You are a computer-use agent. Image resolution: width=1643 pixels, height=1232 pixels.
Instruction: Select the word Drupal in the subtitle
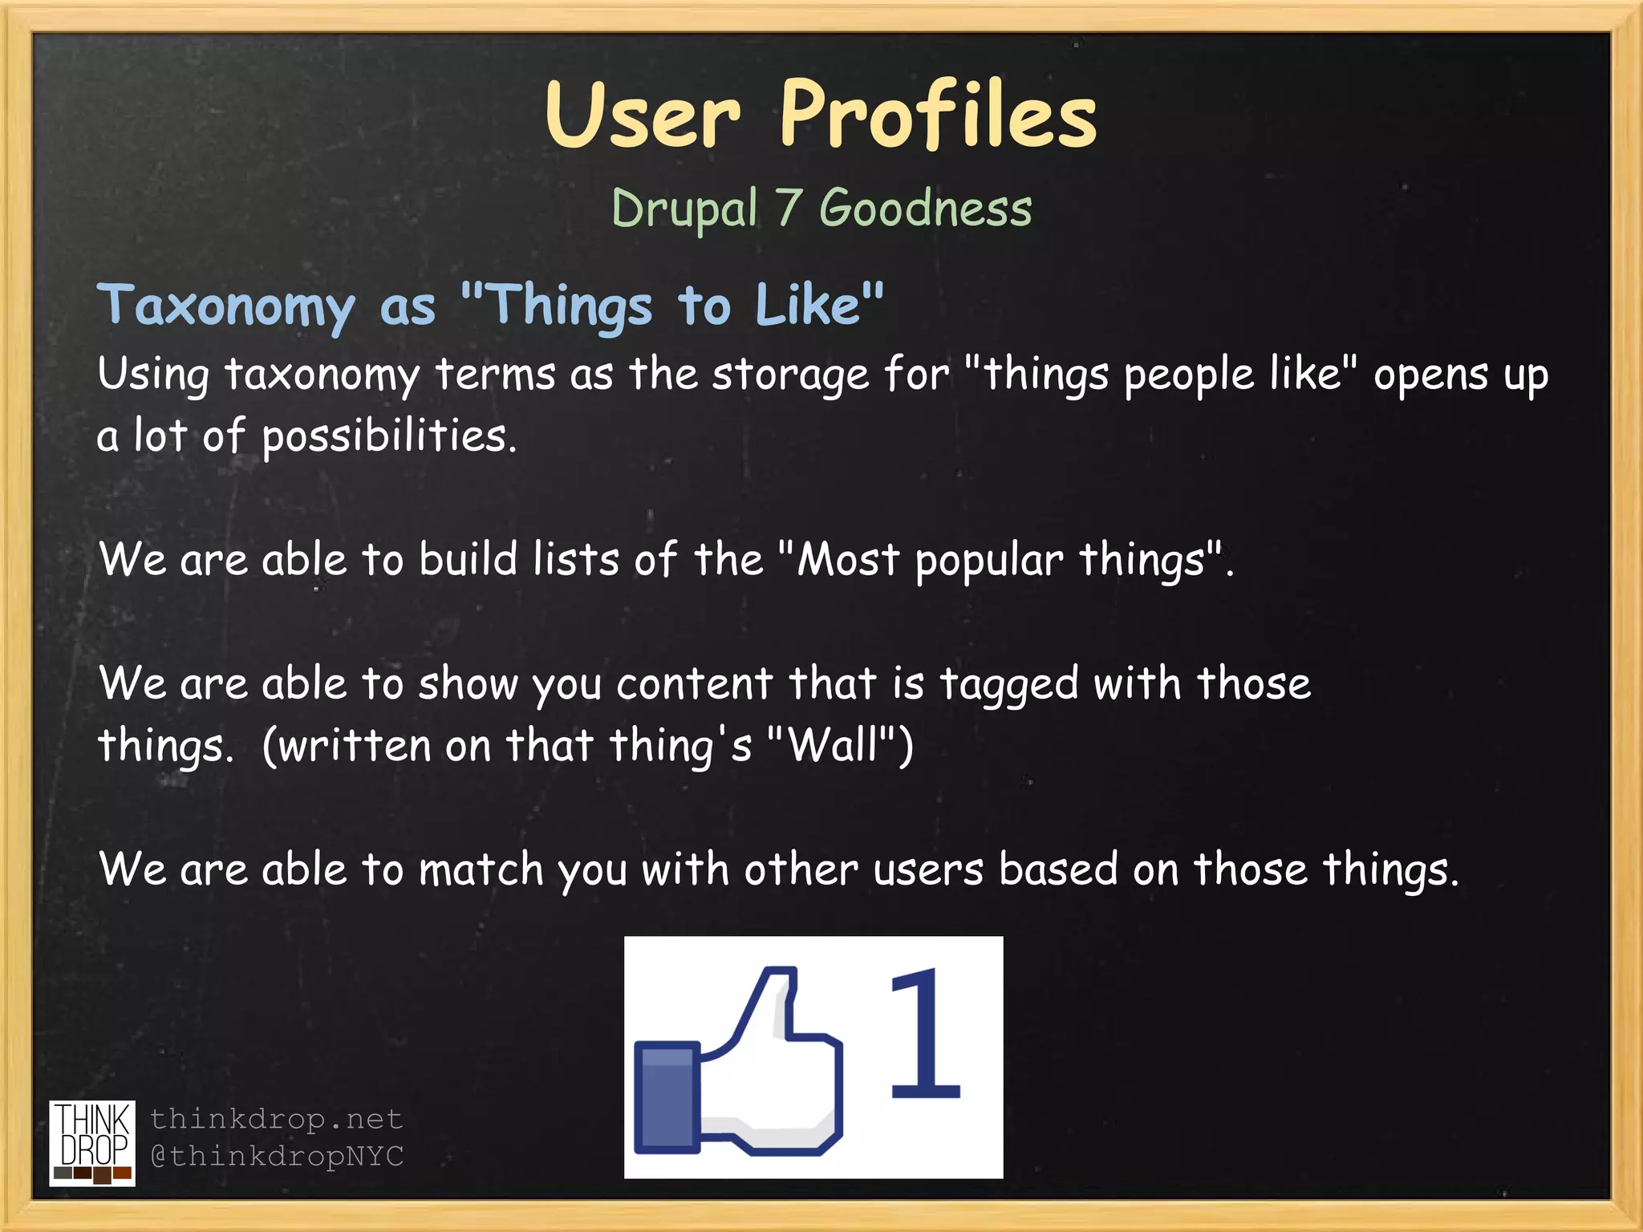[684, 209]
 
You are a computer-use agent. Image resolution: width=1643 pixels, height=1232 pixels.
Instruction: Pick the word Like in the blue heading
[808, 305]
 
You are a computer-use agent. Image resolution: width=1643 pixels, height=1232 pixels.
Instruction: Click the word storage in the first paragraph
[789, 375]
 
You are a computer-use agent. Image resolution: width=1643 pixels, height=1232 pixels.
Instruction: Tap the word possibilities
[388, 437]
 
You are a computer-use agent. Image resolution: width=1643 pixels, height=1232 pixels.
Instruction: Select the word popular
[988, 560]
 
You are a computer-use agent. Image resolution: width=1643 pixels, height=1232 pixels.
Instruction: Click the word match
[481, 869]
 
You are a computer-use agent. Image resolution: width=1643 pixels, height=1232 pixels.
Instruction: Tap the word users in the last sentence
[927, 869]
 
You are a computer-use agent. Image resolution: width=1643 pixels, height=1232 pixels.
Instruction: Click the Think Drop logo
[92, 1142]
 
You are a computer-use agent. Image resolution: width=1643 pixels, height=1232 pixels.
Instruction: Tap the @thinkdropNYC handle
[277, 1156]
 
